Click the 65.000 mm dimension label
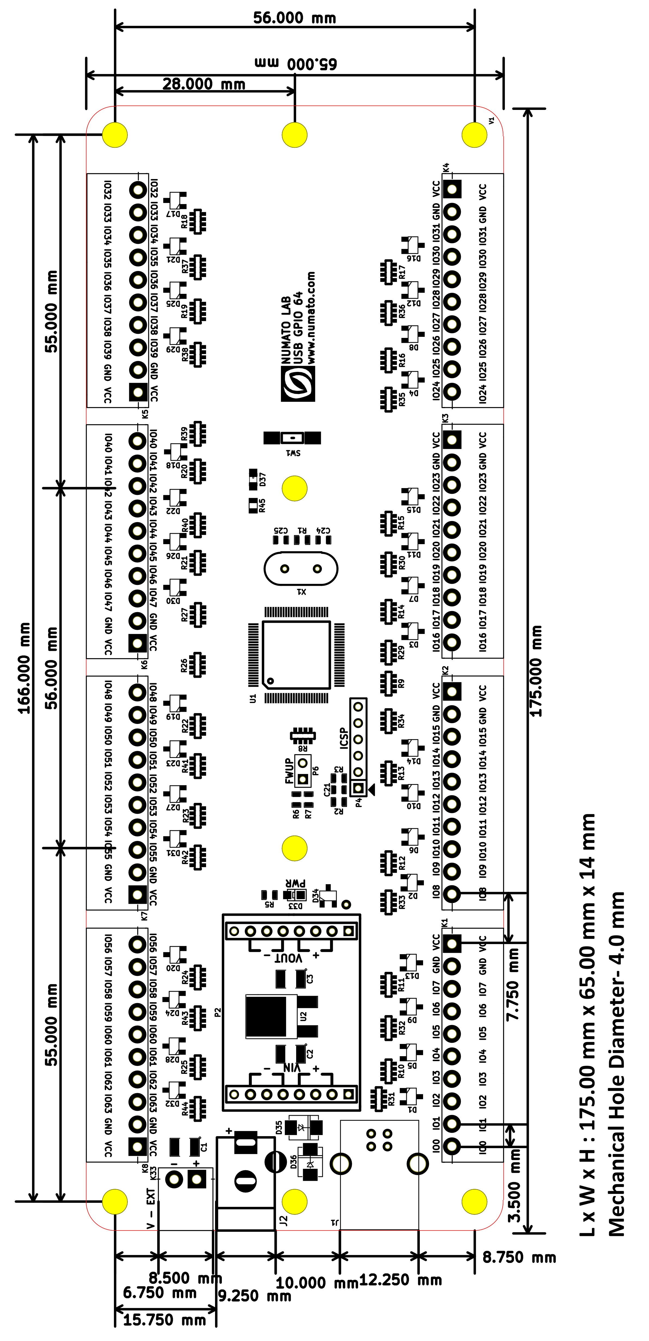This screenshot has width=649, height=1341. (x=296, y=63)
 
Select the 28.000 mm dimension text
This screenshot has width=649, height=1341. (x=203, y=84)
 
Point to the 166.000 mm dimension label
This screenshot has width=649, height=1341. (x=24, y=668)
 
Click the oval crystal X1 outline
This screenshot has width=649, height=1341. (x=301, y=568)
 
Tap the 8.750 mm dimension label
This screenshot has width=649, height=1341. (x=519, y=1257)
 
